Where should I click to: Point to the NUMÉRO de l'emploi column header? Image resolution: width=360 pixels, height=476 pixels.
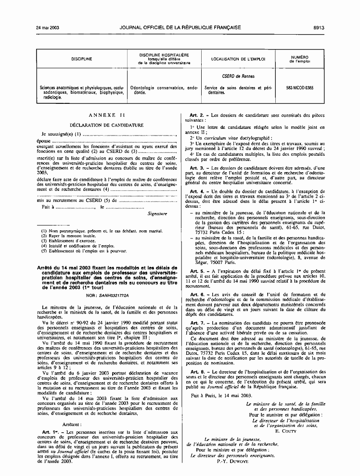pyautogui.click(x=299, y=59)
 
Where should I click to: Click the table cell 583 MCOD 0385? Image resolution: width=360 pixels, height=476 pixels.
pyautogui.click(x=299, y=88)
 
